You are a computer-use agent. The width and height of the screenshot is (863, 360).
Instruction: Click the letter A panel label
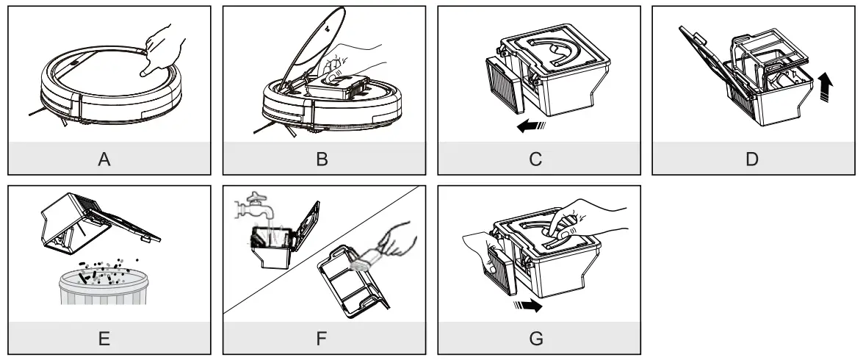tap(108, 159)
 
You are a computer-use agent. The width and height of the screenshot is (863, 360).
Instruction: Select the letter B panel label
tap(322, 159)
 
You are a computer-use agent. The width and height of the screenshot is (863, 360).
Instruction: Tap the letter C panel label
tap(537, 159)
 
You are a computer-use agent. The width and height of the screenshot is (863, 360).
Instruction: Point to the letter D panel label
tap(751, 159)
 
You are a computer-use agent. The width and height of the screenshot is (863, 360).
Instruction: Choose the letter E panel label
tap(108, 339)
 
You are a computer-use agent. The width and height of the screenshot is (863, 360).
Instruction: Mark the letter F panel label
tap(322, 339)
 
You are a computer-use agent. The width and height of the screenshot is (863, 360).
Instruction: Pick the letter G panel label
tap(537, 339)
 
